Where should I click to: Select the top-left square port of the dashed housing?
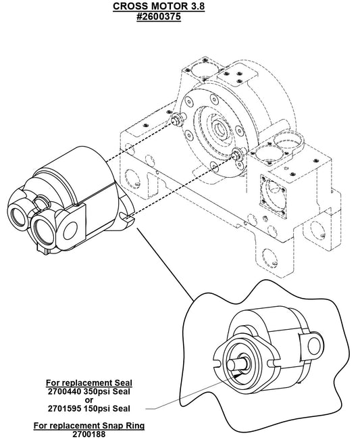pos(202,70)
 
